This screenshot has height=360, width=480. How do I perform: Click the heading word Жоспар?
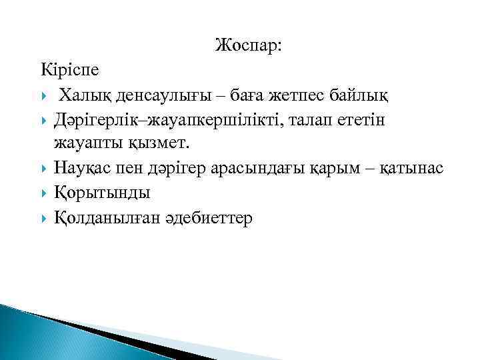click(249, 46)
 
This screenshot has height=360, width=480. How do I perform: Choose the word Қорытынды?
click(102, 193)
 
